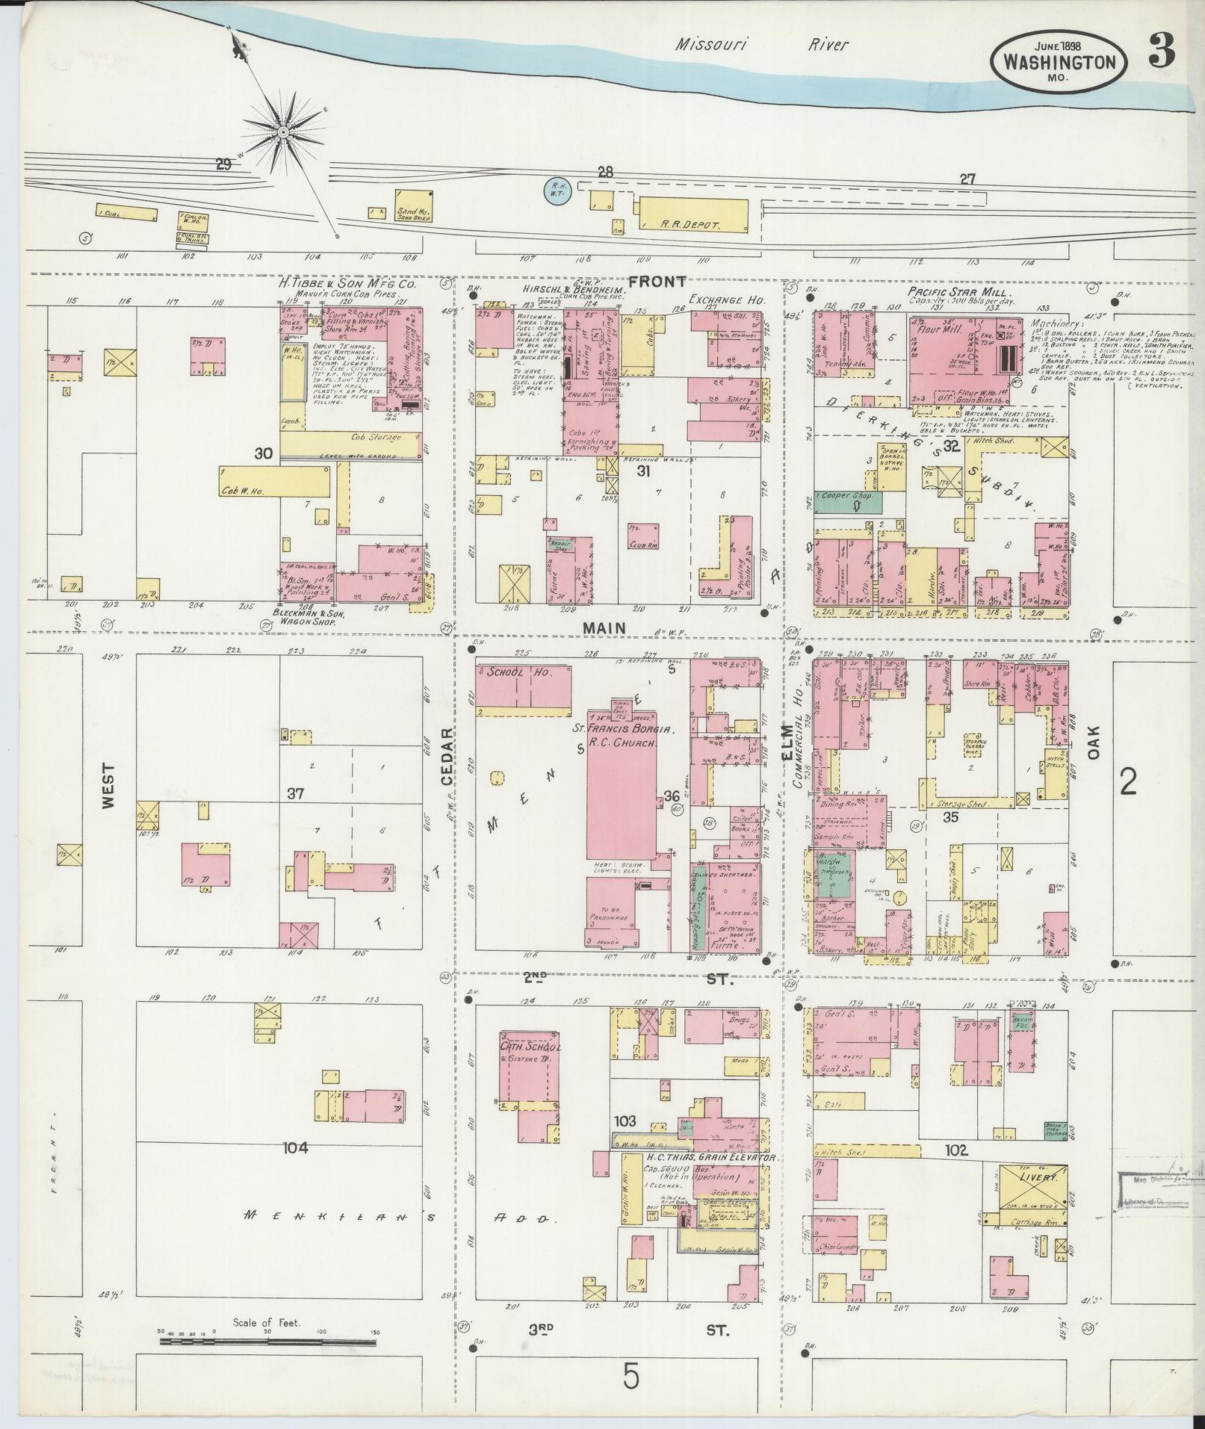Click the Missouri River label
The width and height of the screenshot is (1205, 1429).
pos(761,45)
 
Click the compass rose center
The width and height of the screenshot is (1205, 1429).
pos(283,132)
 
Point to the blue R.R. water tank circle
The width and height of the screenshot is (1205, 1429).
pos(556,192)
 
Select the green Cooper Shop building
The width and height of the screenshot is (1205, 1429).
pos(847,501)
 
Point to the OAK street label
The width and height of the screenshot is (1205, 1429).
pos(1094,743)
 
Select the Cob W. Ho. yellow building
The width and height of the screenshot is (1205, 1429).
pos(276,482)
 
